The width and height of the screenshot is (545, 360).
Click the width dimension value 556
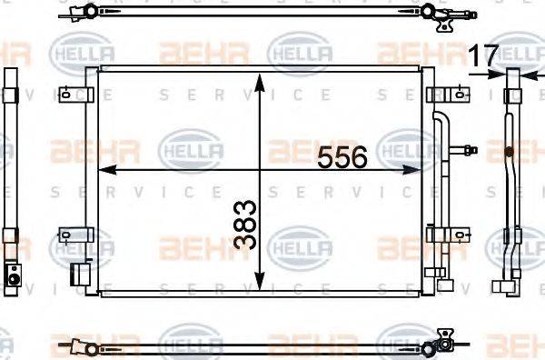coord(342,157)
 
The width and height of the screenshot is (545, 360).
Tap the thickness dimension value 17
coord(484,55)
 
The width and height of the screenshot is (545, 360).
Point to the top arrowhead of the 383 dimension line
coord(262,78)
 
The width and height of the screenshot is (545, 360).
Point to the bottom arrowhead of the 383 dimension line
coord(262,283)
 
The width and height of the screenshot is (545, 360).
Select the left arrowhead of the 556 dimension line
coord(103,169)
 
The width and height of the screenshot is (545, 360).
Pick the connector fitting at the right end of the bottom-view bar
coord(444,343)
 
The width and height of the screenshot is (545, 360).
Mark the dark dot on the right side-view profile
coord(510,150)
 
